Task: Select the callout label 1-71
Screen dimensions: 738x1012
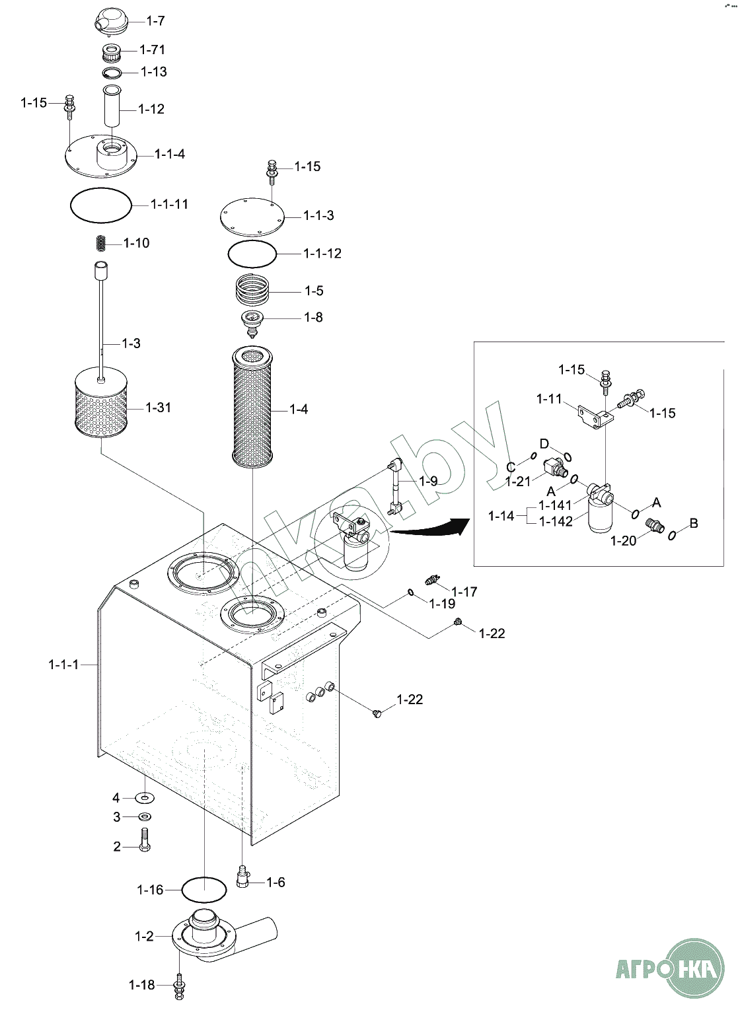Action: pos(153,50)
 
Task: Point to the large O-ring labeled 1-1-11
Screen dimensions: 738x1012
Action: pos(101,205)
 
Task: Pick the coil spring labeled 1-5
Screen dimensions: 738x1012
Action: pos(254,291)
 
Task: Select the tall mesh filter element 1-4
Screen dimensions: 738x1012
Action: pos(251,408)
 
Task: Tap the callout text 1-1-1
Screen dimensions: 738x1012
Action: pos(63,665)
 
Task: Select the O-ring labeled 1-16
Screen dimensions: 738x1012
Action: pos(203,889)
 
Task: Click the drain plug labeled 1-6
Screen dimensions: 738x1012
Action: pos(242,877)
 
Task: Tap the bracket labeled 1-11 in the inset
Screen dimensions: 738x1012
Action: pos(596,415)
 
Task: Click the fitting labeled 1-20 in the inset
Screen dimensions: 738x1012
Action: pos(654,525)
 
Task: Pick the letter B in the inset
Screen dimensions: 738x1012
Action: pos(694,523)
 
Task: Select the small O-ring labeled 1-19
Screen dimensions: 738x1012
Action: pos(410,593)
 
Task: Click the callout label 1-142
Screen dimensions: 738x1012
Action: pos(556,521)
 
